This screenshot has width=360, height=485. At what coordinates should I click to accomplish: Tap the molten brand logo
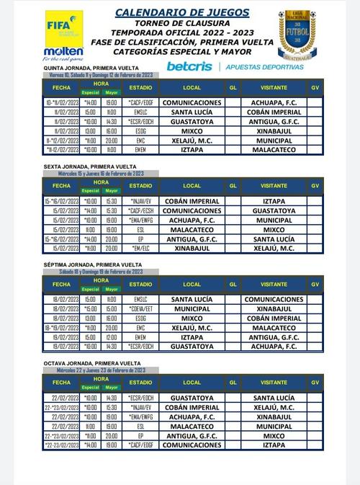63,52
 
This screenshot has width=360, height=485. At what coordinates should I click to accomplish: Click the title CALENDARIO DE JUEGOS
183,12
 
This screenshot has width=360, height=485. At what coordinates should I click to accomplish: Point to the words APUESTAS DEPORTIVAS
264,66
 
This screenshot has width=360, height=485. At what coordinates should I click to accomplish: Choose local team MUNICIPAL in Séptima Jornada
192,309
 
